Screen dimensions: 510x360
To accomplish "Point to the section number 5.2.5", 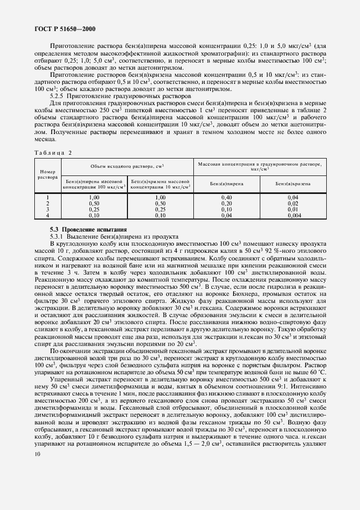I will [58, 95].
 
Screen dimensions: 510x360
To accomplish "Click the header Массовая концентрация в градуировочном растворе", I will [259, 166].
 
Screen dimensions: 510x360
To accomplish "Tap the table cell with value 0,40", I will [227, 197].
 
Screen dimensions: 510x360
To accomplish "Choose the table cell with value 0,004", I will [293, 216].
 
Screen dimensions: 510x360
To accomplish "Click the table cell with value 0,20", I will [227, 203].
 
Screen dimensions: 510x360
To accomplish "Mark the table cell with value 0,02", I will [293, 203].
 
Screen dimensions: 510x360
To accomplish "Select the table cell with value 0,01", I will [293, 209].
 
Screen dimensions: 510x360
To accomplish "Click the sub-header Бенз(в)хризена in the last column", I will [293, 184].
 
